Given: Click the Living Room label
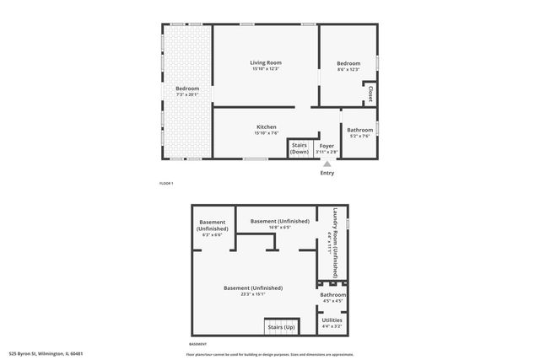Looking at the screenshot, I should coord(266,63).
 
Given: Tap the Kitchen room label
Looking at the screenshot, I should coord(266,126).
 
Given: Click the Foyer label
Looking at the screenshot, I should coord(327,145).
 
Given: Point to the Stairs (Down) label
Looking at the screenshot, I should coord(300,148).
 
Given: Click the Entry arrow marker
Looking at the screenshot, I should coord(327,163).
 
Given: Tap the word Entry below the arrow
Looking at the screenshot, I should coord(327,173).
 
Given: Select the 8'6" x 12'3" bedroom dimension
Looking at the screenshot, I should coord(348,70).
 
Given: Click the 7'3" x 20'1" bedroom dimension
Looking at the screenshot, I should coord(186,94).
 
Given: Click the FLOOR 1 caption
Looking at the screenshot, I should coord(166,183).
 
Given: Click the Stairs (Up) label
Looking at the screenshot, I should coord(280,326).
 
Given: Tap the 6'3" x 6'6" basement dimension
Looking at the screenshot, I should coord(212,234).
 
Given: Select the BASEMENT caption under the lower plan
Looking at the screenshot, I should coord(197,345).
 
